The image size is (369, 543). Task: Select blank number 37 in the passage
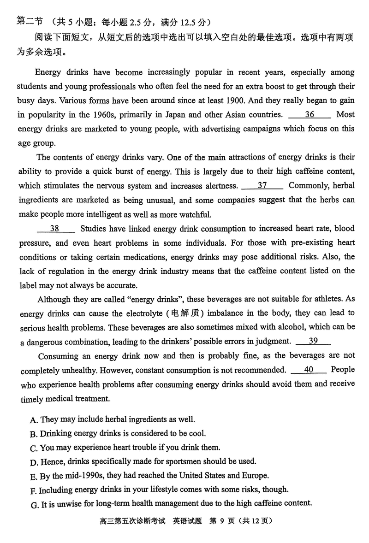coord(262,186)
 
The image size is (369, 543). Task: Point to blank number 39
coord(313,341)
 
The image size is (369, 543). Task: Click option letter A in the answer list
coord(33,420)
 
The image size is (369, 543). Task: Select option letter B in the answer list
coord(33,434)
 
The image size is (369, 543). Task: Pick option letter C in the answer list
coord(33,448)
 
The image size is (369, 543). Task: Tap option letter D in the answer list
coord(33,462)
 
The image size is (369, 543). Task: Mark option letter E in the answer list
coord(33,476)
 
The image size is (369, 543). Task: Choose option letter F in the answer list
coord(33,490)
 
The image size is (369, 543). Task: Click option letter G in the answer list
coord(33,505)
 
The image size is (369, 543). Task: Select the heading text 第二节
coord(29,21)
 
